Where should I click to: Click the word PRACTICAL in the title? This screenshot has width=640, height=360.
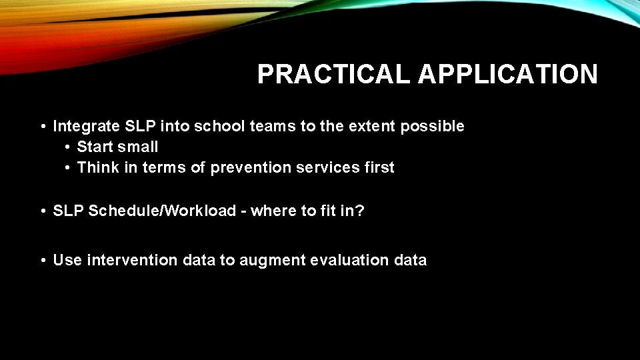coord(334,75)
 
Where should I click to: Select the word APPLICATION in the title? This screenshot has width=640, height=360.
coord(507,75)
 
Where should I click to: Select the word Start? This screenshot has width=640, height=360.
coord(94,147)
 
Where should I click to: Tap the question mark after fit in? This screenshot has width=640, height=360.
coord(361,211)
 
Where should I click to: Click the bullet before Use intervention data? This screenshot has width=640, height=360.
coord(42,261)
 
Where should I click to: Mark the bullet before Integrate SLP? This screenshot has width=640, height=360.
coord(42,127)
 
